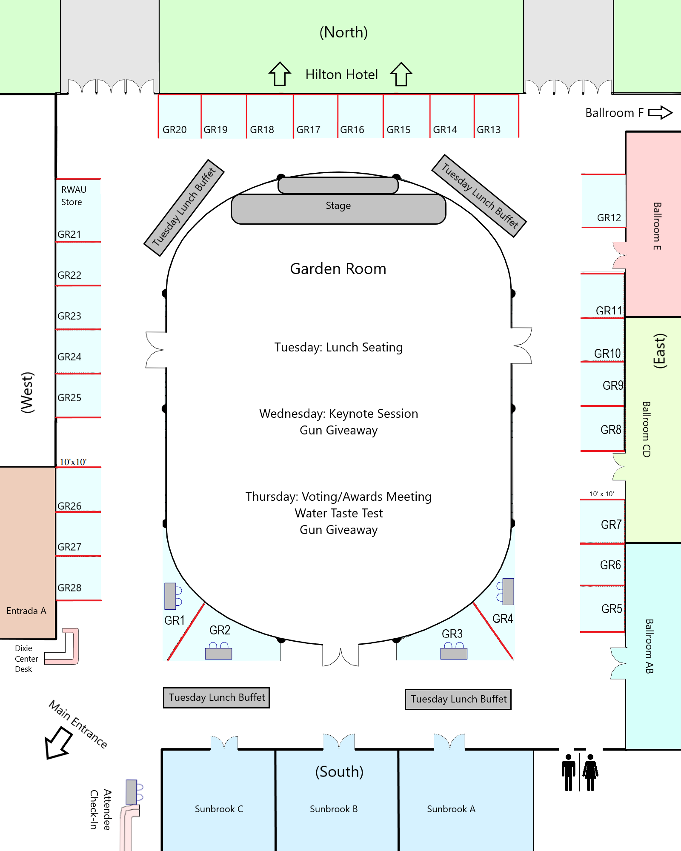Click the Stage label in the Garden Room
(x=338, y=206)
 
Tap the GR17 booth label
(x=308, y=130)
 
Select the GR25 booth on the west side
(x=69, y=397)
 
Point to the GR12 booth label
(x=609, y=218)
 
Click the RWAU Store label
(x=74, y=196)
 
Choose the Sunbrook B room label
(x=334, y=809)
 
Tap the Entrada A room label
(x=26, y=611)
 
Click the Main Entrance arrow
(x=58, y=742)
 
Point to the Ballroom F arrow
(x=660, y=113)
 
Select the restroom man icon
(x=568, y=772)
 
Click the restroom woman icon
(x=590, y=772)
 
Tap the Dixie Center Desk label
(x=26, y=659)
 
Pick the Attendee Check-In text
(x=101, y=810)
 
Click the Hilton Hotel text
(x=341, y=74)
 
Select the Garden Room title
(x=338, y=269)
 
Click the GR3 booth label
(x=452, y=634)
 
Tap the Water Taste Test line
(x=339, y=513)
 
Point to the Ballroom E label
(x=657, y=226)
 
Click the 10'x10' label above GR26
(x=73, y=462)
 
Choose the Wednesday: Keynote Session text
(x=339, y=414)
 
